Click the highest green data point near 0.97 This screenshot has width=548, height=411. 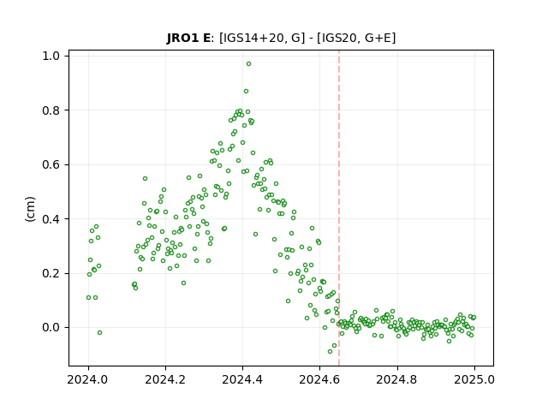pos(248,64)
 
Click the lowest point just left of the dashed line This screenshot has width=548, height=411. pos(330,351)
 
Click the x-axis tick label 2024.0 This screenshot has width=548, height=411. pos(88,379)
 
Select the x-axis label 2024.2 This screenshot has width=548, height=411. pos(165,379)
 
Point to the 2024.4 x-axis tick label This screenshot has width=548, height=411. pos(242,379)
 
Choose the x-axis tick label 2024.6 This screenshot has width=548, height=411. pos(319,379)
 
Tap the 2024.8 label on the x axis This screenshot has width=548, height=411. pos(396,379)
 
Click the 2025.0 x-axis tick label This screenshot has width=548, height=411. pos(474,379)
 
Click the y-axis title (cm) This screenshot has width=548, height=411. pos(31,209)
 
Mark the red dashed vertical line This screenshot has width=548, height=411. pos(339,208)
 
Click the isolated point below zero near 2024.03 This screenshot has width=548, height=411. pos(99,333)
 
